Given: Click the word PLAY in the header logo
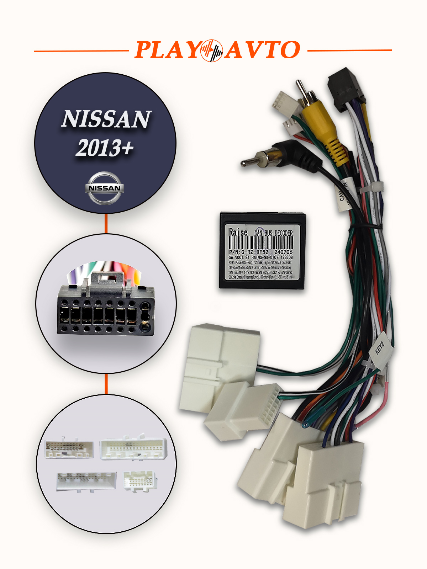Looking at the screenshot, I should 167,50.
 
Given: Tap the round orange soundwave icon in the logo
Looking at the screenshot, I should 211,50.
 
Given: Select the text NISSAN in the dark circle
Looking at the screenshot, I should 106,119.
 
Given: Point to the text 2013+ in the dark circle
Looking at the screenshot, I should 105,148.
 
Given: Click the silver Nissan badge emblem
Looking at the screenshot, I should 105,188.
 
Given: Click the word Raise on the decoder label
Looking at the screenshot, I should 238,232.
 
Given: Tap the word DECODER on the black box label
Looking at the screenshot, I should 284,233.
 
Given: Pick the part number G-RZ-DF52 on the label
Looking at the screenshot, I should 255,252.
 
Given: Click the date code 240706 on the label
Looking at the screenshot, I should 283,252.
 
